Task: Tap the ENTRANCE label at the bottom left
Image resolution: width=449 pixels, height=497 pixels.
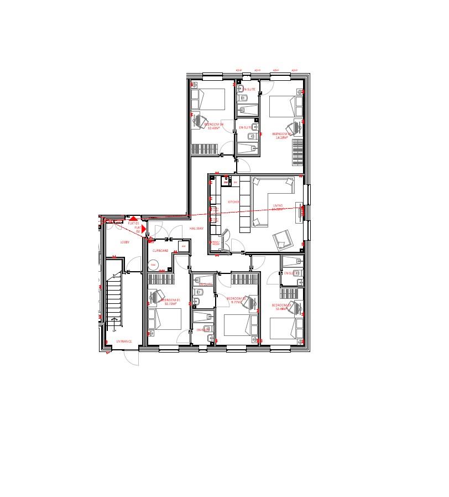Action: click(x=124, y=341)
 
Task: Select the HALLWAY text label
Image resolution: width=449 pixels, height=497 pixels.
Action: click(x=197, y=228)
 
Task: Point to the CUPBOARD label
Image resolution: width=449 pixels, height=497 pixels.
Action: click(x=160, y=251)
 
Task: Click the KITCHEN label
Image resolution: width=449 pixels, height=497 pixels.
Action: click(x=234, y=202)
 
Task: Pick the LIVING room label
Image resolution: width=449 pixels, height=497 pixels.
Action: click(x=278, y=206)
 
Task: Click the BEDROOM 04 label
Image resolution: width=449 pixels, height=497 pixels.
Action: click(x=213, y=125)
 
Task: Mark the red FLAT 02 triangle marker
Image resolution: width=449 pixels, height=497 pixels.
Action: click(x=143, y=227)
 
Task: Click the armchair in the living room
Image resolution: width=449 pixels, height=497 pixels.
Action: click(x=283, y=239)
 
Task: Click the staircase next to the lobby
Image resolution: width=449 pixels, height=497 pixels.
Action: click(x=113, y=297)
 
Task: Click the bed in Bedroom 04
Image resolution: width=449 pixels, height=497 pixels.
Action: click(x=208, y=99)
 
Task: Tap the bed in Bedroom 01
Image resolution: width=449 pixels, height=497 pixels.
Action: click(x=165, y=319)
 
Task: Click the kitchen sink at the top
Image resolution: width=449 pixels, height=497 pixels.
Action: click(x=225, y=181)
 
